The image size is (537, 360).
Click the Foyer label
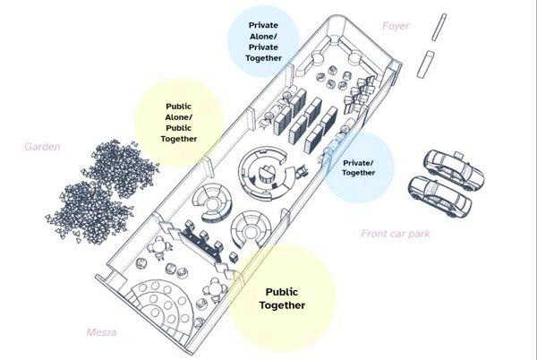pyautogui.click(x=395, y=26)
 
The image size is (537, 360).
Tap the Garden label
pyautogui.click(x=42, y=146)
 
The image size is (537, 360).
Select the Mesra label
pyautogui.click(x=102, y=333)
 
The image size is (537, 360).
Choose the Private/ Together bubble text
pyautogui.click(x=357, y=168)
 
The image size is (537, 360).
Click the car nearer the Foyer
pyautogui.click(x=452, y=167)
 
